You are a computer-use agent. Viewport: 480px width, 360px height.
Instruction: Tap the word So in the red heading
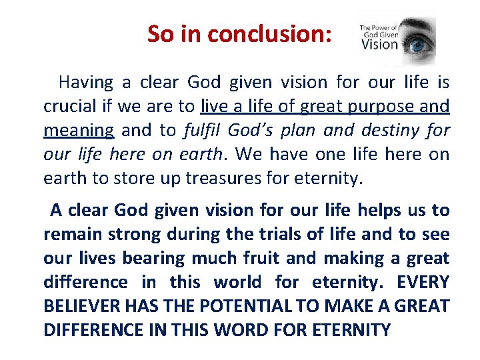[x=159, y=33]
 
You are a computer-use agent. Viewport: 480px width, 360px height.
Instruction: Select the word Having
[x=85, y=83]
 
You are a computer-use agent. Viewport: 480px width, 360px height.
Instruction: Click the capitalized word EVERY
[x=423, y=282]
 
